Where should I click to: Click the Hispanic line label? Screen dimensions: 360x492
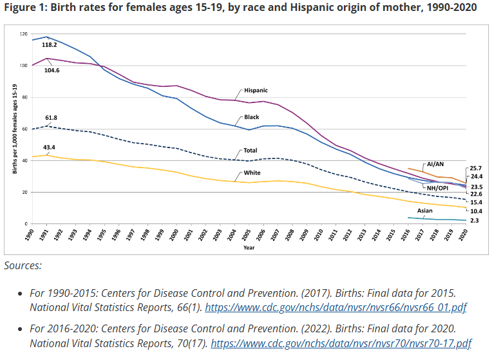pyautogui.click(x=256, y=90)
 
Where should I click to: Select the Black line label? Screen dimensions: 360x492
pyautogui.click(x=252, y=117)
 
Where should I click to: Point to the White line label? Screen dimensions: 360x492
pyautogui.click(x=252, y=173)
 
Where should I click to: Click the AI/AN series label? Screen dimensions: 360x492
pyautogui.click(x=435, y=164)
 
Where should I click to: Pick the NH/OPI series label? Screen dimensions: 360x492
pyautogui.click(x=437, y=187)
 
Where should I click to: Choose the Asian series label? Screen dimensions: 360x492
pyautogui.click(x=425, y=211)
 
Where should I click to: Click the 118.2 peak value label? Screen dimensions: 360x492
pyautogui.click(x=49, y=45)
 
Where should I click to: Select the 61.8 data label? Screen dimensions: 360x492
pyautogui.click(x=52, y=118)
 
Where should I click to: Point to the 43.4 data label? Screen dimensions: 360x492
pyautogui.click(x=49, y=147)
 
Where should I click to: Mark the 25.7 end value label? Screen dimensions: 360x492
pyautogui.click(x=476, y=167)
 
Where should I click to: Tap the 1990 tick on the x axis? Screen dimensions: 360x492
pyautogui.click(x=30, y=234)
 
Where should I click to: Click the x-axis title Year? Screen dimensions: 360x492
pyautogui.click(x=248, y=247)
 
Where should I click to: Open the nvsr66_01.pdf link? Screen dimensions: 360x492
pyautogui.click(x=336, y=308)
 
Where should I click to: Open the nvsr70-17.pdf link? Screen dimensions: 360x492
pyautogui.click(x=341, y=343)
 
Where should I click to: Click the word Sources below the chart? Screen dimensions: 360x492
pyautogui.click(x=23, y=265)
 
